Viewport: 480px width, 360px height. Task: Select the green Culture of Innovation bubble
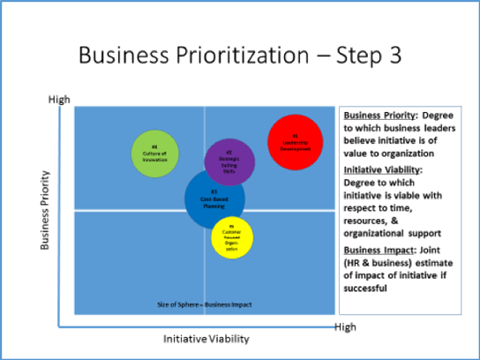(154, 154)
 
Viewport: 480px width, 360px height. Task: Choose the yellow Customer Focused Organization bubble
(233, 235)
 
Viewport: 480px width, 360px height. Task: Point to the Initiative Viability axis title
(206, 338)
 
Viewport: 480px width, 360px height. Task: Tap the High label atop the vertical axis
(58, 100)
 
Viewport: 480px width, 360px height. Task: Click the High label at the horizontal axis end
(345, 327)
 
